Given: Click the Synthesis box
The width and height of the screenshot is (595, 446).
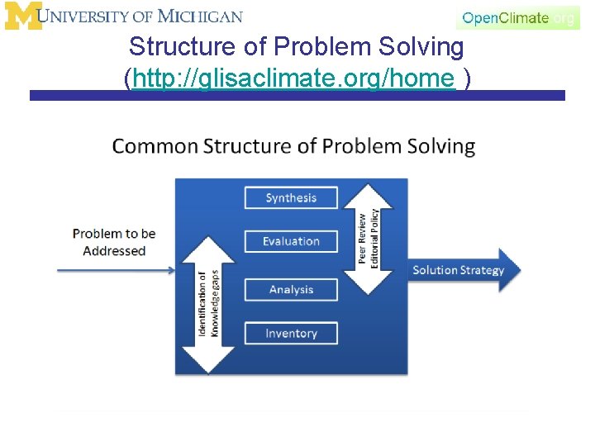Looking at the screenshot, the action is click(291, 198).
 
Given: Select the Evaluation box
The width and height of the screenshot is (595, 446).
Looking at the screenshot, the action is click(291, 241).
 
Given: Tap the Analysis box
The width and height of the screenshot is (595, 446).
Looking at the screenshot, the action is click(291, 290).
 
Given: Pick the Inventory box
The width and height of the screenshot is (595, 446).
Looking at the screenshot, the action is click(291, 334).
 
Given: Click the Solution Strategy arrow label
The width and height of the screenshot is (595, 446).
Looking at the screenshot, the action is click(458, 270).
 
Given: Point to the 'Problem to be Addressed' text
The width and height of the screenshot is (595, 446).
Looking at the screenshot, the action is click(114, 242).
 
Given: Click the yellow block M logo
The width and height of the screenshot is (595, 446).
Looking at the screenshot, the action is click(22, 16).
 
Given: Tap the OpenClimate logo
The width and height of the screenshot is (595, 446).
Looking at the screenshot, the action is click(517, 17).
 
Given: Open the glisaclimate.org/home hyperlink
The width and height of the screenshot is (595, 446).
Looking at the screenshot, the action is click(293, 78).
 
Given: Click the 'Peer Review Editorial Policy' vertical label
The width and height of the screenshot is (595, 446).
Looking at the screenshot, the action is click(369, 237).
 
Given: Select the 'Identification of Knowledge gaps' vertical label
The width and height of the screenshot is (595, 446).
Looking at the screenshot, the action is click(208, 303).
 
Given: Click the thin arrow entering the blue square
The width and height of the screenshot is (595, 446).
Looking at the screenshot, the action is click(116, 269).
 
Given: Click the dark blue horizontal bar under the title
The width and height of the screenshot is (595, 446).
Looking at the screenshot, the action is click(297, 96).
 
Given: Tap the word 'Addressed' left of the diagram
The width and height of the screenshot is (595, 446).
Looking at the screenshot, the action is click(114, 251).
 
